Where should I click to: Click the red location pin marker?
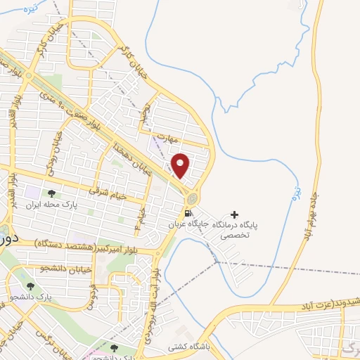tap(181, 166)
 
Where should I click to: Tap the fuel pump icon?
tap(188, 213)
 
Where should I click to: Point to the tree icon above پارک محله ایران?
tap(51, 193)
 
